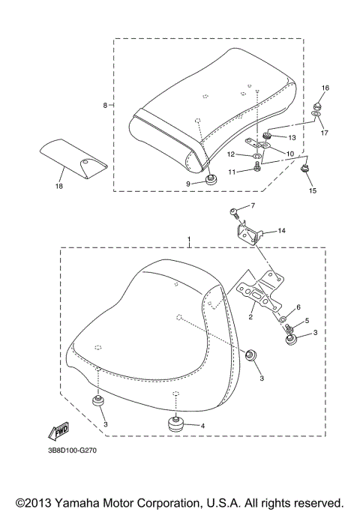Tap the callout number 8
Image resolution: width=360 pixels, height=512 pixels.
pyautogui.click(x=105, y=106)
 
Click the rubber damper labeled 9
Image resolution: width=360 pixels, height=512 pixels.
pyautogui.click(x=212, y=180)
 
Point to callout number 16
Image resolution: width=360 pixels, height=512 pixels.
pyautogui.click(x=325, y=88)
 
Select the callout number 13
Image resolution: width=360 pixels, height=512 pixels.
pyautogui.click(x=292, y=138)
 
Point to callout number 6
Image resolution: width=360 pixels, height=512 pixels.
pyautogui.click(x=298, y=307)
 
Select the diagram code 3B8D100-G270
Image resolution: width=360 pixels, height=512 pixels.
pyautogui.click(x=71, y=451)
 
